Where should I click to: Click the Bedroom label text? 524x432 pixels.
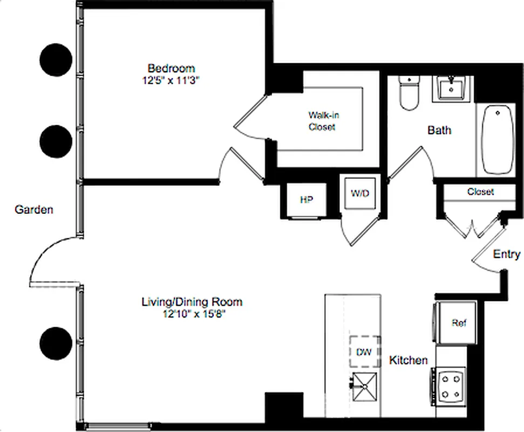171,69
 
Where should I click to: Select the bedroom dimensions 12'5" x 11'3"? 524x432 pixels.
171,80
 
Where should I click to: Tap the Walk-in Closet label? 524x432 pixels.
323,121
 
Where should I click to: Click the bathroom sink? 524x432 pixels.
452,88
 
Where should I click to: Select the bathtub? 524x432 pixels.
498,139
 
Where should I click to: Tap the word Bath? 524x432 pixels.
439,130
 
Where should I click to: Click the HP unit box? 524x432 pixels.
306,200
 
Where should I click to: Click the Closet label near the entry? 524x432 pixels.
480,192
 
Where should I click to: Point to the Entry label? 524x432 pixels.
507,254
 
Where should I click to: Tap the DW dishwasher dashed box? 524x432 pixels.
365,352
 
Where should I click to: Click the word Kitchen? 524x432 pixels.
409,360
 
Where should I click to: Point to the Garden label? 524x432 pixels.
33,210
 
